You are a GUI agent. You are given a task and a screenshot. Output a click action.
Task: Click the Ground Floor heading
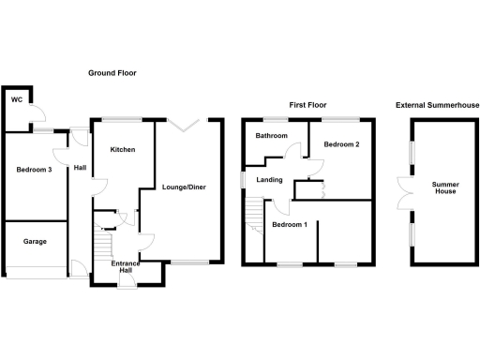pos(112,73)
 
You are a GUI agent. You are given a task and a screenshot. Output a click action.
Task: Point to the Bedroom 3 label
pos(34,170)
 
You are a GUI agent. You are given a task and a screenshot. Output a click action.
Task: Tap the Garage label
pos(35,241)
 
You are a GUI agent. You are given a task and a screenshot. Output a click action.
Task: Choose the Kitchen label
pos(123,150)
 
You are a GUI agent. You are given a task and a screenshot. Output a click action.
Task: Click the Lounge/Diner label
pos(184,187)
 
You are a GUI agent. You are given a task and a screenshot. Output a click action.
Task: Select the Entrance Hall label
pos(126,266)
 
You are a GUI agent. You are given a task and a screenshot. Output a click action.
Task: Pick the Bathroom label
pos(273,136)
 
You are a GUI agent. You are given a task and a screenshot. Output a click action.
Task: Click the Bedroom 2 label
pos(342,145)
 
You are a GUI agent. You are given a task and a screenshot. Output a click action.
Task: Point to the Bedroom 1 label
pos(289,225)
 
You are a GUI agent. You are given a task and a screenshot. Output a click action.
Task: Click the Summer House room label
pos(445,188)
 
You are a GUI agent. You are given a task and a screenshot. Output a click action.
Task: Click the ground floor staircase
pos(102,246)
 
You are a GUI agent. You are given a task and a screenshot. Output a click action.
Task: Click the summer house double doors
pos(404,191)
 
